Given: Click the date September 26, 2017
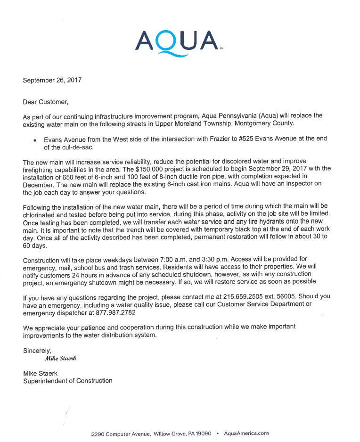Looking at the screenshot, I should click(52, 80).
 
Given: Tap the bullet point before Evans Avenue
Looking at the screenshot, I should click(35, 140).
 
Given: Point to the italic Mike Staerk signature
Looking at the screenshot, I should click(60, 358).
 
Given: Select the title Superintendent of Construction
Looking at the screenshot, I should click(68, 381).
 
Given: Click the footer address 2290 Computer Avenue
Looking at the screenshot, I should click(121, 434).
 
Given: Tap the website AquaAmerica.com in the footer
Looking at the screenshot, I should click(246, 434).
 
